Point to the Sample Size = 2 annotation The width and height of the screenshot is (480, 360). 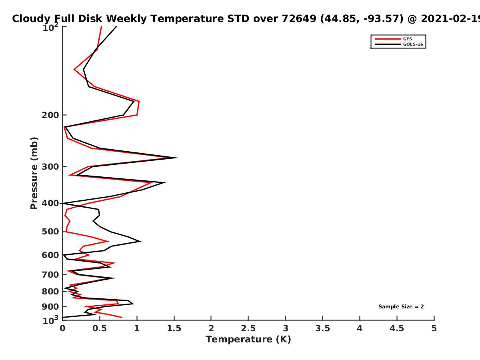(x=401, y=306)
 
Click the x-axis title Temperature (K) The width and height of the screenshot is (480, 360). (x=248, y=339)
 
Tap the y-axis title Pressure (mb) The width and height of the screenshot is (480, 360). (x=34, y=173)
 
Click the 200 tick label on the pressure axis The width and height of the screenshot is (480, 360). (x=50, y=115)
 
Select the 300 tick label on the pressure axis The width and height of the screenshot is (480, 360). (x=50, y=167)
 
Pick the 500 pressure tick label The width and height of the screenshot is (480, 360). (x=50, y=232)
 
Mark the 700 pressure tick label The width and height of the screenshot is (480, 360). (x=50, y=274)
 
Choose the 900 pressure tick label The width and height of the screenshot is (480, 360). (x=50, y=307)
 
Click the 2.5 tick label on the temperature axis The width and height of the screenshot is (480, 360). (x=248, y=328)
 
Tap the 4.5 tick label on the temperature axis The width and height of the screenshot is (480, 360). (x=397, y=328)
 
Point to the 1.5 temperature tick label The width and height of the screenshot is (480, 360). (x=174, y=328)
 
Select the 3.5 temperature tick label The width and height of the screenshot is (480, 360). (x=322, y=328)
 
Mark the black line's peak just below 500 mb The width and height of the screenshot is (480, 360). (x=140, y=241)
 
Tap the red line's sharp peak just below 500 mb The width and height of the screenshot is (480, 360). (x=108, y=241)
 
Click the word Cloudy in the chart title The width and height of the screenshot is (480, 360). (x=31, y=19)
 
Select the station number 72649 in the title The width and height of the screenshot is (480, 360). (x=299, y=18)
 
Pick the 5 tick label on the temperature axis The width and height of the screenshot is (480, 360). (x=434, y=328)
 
